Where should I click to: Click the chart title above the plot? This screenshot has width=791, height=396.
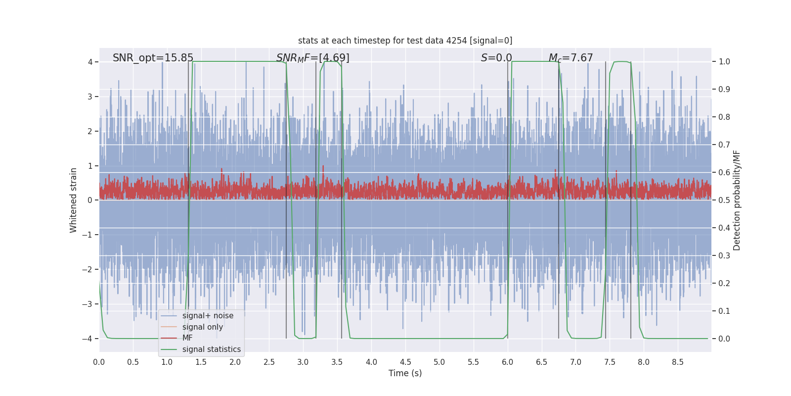405,41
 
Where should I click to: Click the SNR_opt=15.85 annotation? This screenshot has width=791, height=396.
153,58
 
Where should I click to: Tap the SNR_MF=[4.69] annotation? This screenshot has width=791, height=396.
312,58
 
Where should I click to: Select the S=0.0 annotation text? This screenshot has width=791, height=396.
496,58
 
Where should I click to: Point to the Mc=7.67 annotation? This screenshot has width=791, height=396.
571,58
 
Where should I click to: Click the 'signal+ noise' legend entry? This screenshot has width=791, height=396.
208,316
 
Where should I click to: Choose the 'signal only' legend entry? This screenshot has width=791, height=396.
202,327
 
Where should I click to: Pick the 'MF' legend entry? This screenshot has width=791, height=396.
187,338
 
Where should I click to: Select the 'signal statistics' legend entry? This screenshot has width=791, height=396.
211,349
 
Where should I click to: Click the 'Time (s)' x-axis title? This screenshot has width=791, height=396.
405,373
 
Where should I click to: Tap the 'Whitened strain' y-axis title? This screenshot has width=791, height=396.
74,200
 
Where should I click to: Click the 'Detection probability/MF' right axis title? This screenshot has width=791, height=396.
737,200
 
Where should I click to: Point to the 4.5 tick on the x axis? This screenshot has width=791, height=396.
405,362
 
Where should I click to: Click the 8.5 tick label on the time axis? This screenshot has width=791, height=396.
678,362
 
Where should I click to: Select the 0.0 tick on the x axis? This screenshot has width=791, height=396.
99,362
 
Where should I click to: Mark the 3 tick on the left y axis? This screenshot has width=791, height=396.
90,97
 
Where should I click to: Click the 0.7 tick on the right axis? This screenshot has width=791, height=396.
724,145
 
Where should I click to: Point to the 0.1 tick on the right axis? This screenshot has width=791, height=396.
724,311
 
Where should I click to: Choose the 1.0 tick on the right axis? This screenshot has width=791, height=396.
724,62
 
